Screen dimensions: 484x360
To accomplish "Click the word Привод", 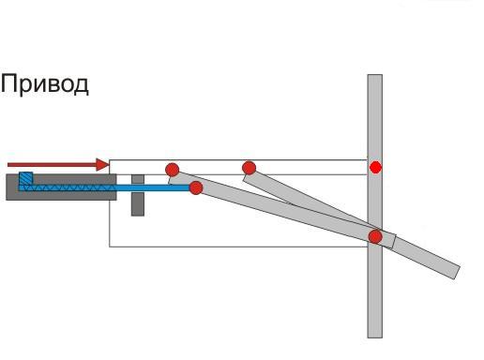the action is (x=45, y=84).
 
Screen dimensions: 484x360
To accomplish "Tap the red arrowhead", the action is (x=102, y=165).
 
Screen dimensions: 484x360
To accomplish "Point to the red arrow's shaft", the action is (x=52, y=165).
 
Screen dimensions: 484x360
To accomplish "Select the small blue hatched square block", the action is (x=25, y=178).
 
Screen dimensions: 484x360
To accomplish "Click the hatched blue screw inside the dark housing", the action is (x=68, y=187).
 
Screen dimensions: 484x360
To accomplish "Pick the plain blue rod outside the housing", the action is (x=153, y=187).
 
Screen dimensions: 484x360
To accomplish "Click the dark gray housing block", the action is (x=61, y=187).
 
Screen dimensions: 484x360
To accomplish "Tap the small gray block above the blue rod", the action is (x=138, y=179).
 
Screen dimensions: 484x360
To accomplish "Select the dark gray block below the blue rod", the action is (x=138, y=204).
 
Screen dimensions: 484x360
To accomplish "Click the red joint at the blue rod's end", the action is (x=196, y=187).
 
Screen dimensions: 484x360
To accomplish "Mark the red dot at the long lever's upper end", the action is (x=173, y=170).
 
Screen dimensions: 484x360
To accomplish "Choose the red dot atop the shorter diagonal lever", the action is (x=249, y=168).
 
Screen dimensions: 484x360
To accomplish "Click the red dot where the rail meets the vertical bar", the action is (x=375, y=167).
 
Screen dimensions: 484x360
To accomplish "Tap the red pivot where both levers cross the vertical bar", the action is (x=375, y=236).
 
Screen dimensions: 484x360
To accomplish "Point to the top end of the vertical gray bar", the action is (x=375, y=75).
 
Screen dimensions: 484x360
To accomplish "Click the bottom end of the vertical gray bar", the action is (x=375, y=337).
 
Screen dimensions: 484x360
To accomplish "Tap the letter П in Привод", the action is (x=8, y=83).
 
